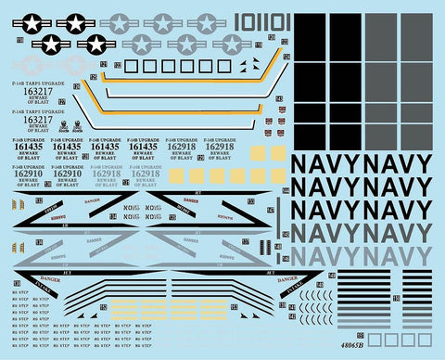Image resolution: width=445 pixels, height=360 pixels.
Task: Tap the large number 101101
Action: pos(264,21)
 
